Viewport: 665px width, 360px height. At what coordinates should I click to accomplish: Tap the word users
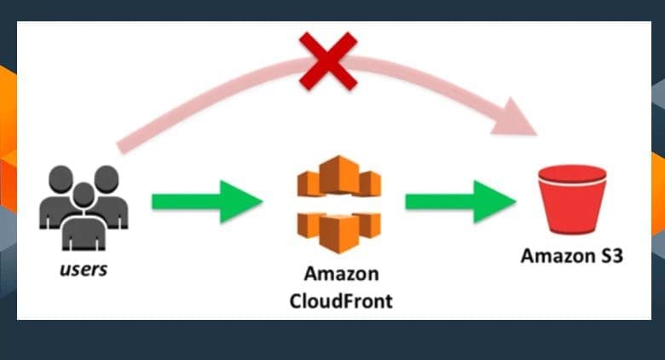click(x=83, y=270)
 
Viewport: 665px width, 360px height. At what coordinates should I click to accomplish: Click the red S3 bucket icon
click(x=572, y=199)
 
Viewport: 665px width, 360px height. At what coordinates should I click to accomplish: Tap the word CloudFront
click(x=341, y=301)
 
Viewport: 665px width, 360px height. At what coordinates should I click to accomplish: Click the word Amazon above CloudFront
click(x=341, y=276)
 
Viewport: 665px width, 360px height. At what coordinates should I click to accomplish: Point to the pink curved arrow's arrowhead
click(x=518, y=118)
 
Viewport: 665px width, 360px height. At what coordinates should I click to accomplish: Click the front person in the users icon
click(x=83, y=222)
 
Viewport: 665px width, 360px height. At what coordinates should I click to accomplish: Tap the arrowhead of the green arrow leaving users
click(x=243, y=201)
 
